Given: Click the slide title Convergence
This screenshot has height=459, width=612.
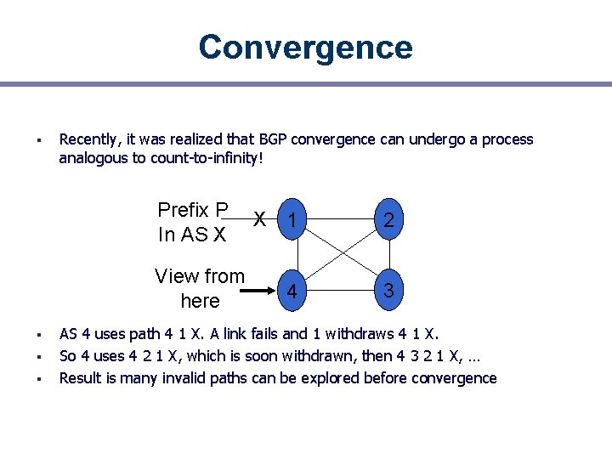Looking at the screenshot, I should (x=305, y=48).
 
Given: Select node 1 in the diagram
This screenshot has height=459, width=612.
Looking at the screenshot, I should (x=292, y=220).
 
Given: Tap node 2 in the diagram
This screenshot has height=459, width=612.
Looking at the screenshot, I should (x=388, y=220).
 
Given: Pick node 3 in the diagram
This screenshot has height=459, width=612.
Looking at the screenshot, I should (x=388, y=290).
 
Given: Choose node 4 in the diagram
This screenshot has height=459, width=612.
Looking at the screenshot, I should (x=292, y=291).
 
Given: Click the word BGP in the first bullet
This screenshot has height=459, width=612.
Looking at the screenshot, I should (x=275, y=139).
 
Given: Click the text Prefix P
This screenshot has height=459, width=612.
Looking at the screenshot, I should (x=193, y=210).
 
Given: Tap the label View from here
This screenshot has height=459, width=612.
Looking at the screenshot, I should (x=200, y=288).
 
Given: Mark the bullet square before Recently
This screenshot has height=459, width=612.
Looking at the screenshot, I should (x=38, y=140).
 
